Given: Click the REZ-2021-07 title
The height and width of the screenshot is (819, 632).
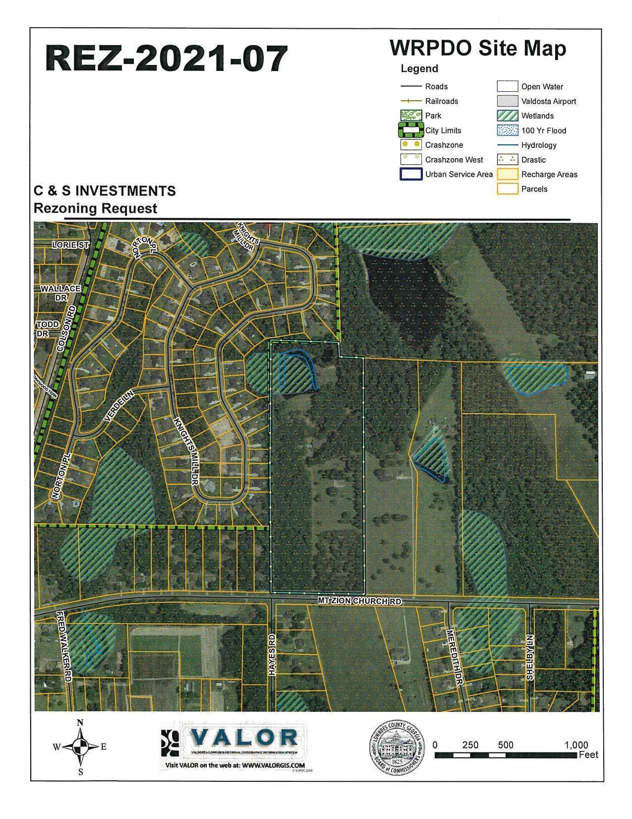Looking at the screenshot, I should point(167,59).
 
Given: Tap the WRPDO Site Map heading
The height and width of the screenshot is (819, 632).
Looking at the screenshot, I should point(477,49).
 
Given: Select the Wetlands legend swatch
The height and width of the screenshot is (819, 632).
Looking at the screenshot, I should point(508,116).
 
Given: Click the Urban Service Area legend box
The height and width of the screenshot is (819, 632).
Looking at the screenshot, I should point(411,174).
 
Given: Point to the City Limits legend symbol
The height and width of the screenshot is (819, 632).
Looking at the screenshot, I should point(411,130).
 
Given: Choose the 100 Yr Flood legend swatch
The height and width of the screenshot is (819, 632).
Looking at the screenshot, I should point(508,130).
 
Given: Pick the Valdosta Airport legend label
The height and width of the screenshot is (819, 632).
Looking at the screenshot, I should point(548,101).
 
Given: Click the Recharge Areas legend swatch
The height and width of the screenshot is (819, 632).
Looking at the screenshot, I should point(508,174).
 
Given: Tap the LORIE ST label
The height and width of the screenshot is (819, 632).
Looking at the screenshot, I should point(70,245).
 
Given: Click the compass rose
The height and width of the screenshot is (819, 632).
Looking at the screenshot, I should point(80,746).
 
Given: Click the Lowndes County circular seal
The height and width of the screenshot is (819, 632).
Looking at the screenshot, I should point(397,747).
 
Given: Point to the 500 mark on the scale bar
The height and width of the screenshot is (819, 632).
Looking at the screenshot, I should point(506,745).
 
